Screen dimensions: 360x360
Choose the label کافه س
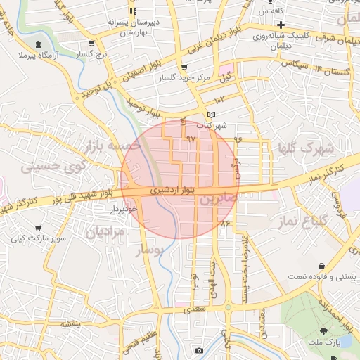271,12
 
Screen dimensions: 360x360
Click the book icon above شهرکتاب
212,115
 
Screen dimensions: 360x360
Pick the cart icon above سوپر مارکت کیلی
37,228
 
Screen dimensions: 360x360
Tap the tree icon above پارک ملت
324,330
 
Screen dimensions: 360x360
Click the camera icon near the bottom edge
199,350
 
